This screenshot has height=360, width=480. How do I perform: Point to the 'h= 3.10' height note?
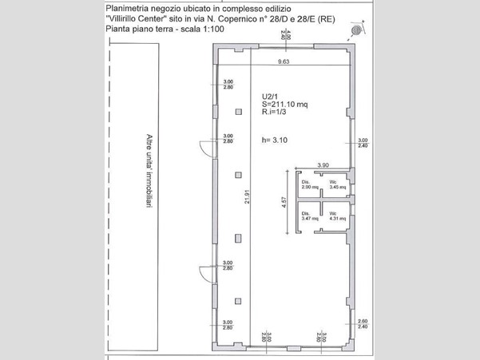pos(274,140)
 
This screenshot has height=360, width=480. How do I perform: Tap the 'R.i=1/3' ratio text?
pos(276,113)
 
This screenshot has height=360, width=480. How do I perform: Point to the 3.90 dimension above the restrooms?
pos(323,165)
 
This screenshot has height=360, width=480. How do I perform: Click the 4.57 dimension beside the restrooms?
pos(284,203)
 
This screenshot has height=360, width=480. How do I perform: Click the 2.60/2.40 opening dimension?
pos(362,323)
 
